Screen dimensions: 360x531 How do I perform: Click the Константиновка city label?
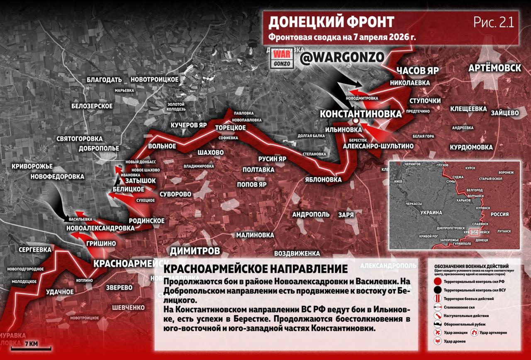click(360, 114)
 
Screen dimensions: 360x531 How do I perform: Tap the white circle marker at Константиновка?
click(356, 120)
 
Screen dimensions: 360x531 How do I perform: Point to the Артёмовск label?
click(494, 68)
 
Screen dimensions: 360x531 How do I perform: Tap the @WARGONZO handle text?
click(340, 58)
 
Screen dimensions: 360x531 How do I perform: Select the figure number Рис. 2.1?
click(494, 22)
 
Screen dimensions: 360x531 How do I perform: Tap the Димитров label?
click(195, 251)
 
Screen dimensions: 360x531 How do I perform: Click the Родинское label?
click(147, 220)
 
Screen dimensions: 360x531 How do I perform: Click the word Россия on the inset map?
click(499, 214)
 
